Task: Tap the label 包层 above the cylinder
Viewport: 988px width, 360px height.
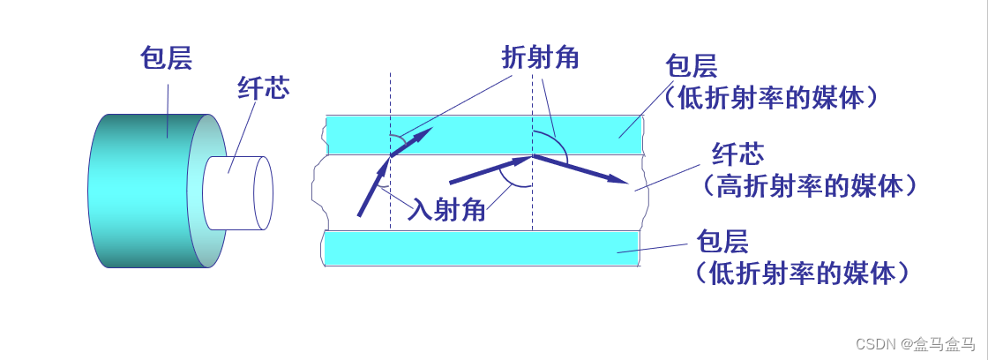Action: coord(166,58)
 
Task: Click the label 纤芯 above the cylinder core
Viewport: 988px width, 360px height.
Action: coord(263,86)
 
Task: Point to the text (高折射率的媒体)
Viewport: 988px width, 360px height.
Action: coord(810,186)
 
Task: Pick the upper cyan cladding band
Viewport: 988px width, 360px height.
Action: coord(485,132)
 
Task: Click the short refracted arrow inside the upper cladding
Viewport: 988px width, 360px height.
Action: coord(411,143)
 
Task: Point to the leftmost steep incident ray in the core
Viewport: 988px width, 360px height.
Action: coord(372,187)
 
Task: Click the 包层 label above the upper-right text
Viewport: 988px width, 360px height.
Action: coord(692,67)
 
